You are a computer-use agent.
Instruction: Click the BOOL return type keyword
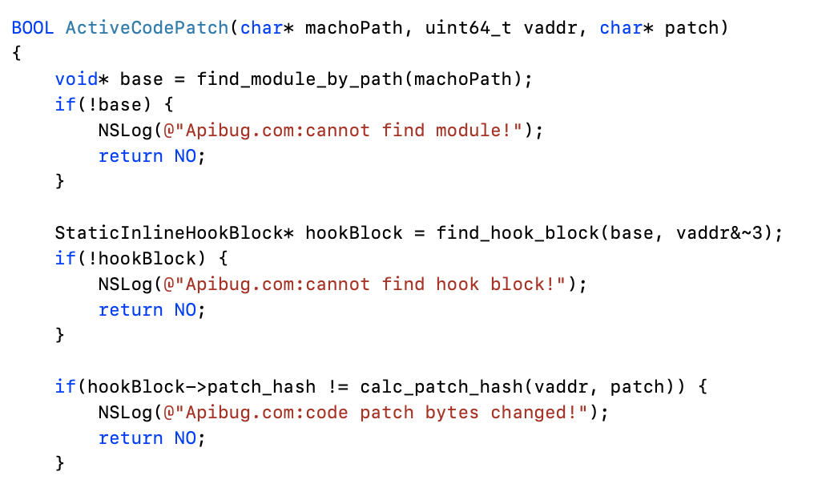33,28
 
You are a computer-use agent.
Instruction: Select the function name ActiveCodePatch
147,28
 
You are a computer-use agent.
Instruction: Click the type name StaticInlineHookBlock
168,233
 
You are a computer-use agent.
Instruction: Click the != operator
337,387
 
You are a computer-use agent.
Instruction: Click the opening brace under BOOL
16,54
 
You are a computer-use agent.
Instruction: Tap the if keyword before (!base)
64,105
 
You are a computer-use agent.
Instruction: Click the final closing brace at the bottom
59,463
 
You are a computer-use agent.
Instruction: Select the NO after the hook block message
185,310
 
